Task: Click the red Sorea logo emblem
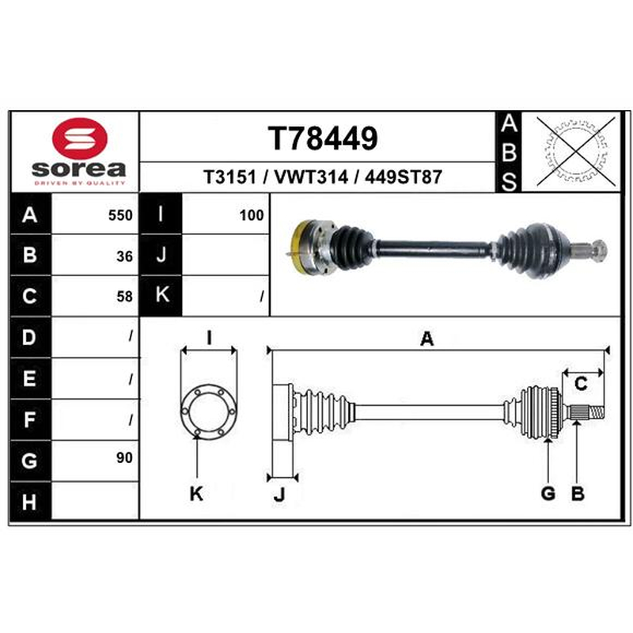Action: (80, 138)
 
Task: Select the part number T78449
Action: (323, 138)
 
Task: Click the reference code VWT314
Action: (311, 177)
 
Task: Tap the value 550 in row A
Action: (120, 215)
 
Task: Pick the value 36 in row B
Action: (124, 256)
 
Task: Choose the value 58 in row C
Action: (124, 297)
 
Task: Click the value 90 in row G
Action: (124, 458)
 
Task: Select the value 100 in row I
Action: (252, 215)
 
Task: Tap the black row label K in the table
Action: (161, 295)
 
